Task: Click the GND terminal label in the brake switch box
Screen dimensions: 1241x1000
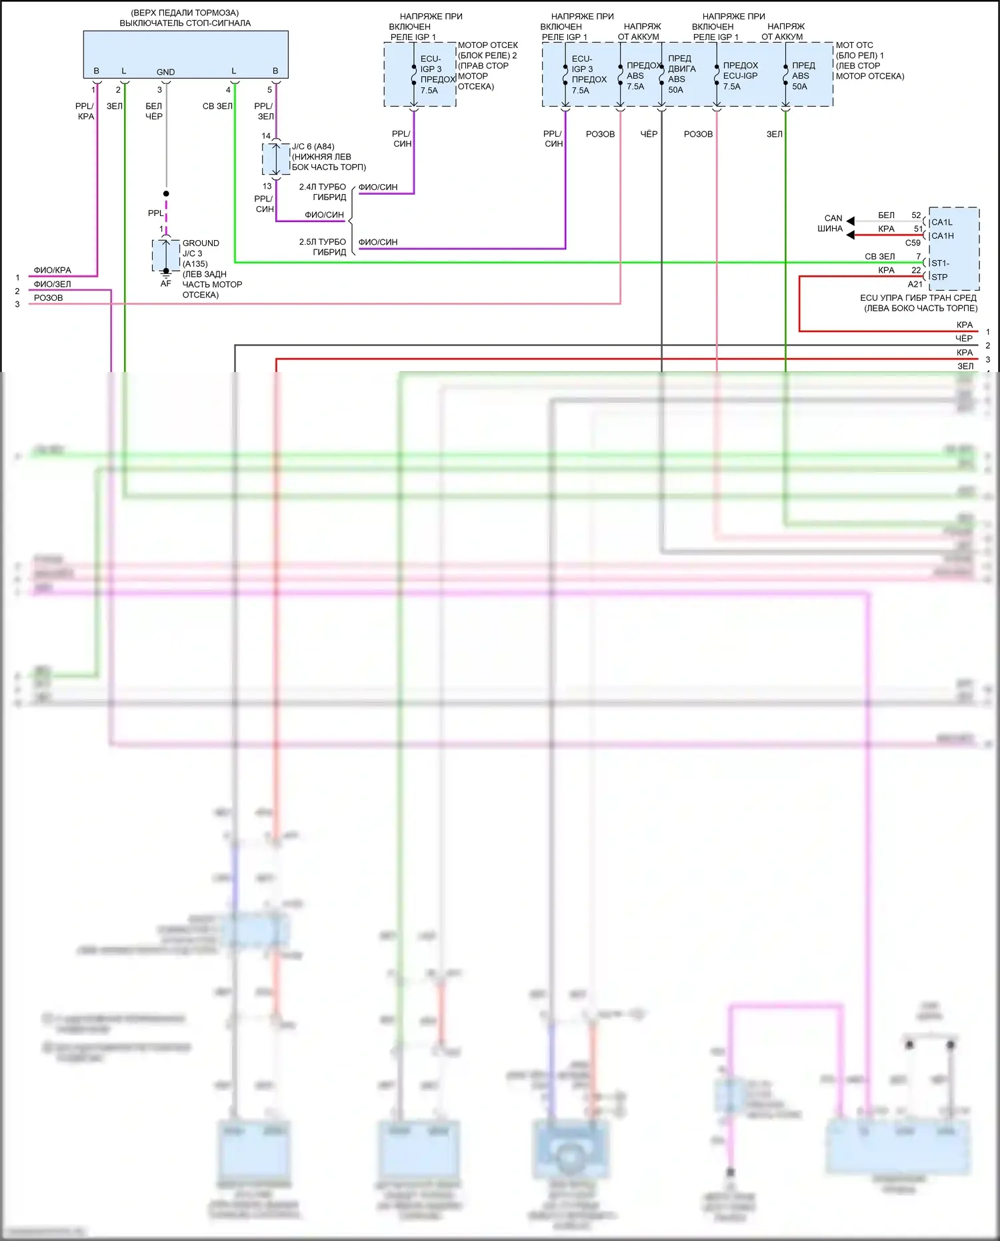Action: pos(165,72)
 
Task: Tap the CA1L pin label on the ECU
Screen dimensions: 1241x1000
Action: pos(941,222)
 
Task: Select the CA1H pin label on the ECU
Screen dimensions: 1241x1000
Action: pos(942,236)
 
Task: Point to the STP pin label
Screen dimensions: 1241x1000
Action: pos(939,277)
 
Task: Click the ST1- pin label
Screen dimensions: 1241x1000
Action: pos(940,263)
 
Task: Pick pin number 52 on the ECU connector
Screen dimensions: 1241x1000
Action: pos(916,215)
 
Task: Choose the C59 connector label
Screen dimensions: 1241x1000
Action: pos(913,243)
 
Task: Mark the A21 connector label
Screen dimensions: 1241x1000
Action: pos(915,284)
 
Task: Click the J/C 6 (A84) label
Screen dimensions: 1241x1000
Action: pos(313,147)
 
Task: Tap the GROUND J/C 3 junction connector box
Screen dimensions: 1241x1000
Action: pos(166,255)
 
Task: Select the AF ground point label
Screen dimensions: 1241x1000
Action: pos(165,283)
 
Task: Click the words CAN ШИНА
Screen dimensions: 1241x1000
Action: pos(831,223)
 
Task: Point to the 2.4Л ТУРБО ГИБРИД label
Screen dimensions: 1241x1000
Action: pos(323,192)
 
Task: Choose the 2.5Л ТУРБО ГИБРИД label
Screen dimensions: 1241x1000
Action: pos(323,247)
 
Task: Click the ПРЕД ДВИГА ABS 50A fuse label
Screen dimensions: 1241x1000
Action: pos(681,74)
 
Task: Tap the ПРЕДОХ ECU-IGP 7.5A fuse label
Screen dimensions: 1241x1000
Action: pos(740,76)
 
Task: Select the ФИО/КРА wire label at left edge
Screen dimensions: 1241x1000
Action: pos(52,270)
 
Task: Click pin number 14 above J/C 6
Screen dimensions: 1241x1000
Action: pos(266,136)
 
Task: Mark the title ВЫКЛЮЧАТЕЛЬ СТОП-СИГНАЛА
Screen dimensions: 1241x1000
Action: pos(185,23)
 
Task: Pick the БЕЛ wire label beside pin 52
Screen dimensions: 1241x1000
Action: pos(886,215)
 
